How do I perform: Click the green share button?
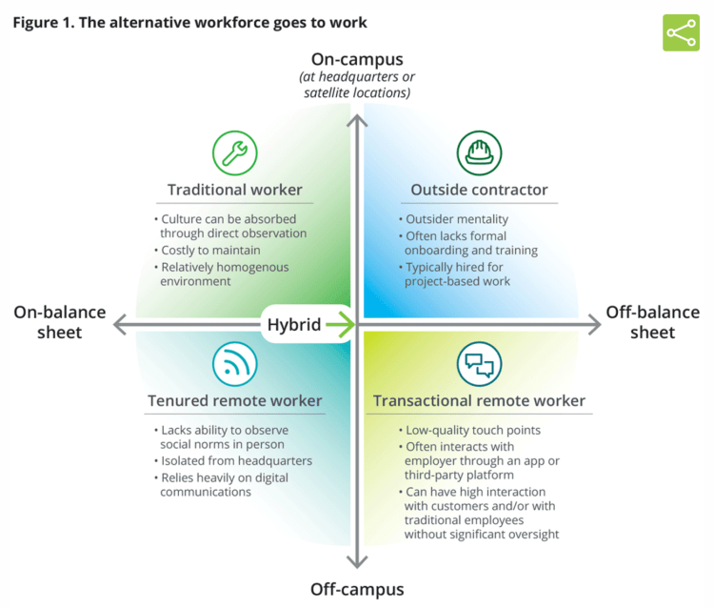pyautogui.click(x=681, y=32)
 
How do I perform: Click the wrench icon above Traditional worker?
pyautogui.click(x=234, y=151)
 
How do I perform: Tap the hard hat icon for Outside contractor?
pyautogui.click(x=478, y=151)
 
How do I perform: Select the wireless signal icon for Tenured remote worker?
pyautogui.click(x=234, y=362)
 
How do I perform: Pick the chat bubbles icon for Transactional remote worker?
pyautogui.click(x=478, y=362)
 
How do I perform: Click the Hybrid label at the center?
pyautogui.click(x=293, y=324)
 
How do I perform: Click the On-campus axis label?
pyautogui.click(x=357, y=60)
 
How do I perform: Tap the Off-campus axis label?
pyautogui.click(x=357, y=589)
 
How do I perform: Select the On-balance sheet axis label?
pyautogui.click(x=60, y=322)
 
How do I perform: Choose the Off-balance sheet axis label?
pyautogui.click(x=653, y=322)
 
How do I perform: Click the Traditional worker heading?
pyautogui.click(x=234, y=190)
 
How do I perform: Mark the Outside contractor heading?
pyautogui.click(x=479, y=190)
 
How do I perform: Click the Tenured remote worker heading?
pyautogui.click(x=234, y=401)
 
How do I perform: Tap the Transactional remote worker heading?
pyautogui.click(x=479, y=401)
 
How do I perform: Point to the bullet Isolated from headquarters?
pyautogui.click(x=236, y=461)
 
